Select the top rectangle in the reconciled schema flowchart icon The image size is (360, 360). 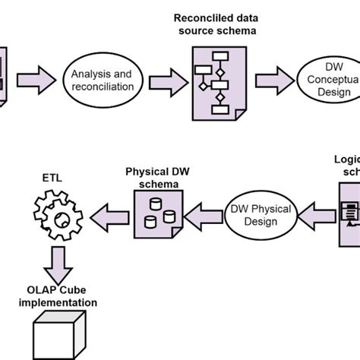pyautogui.click(x=220, y=55)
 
